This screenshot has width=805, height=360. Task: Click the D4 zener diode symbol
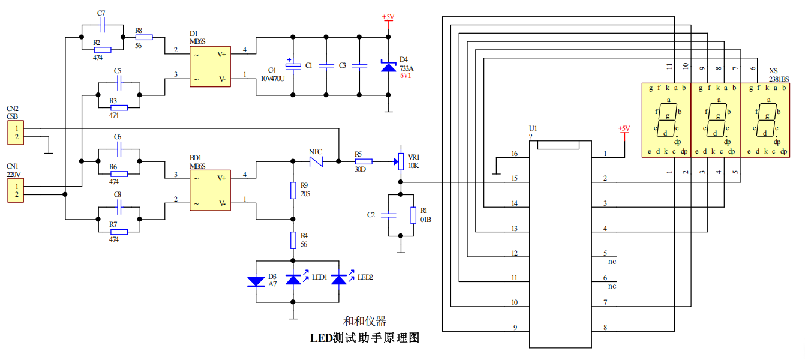coord(389,66)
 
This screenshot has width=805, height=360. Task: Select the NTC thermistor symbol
coord(316,161)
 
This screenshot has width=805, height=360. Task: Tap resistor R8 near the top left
coord(144,37)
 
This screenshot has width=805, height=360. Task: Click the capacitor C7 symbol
coord(103,25)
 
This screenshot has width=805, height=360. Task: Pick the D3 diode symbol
coord(256,281)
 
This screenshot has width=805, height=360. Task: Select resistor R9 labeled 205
coord(293,190)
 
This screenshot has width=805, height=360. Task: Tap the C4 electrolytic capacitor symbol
coord(293,65)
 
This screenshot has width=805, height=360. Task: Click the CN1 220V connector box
coord(16,191)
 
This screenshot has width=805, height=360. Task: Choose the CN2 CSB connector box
coord(16,133)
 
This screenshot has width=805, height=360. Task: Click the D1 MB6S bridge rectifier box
coord(210,67)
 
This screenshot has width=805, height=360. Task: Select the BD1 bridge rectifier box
coord(210,190)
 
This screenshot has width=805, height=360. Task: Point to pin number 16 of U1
coord(515,154)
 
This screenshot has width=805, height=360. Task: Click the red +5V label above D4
coord(388,17)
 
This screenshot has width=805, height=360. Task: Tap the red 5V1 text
coord(405,76)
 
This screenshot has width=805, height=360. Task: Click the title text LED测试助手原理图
coord(365,338)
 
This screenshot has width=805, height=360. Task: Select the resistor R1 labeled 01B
coord(413,215)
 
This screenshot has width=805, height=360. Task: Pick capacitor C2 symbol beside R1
coord(389,215)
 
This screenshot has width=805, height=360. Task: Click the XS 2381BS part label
coord(779,75)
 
